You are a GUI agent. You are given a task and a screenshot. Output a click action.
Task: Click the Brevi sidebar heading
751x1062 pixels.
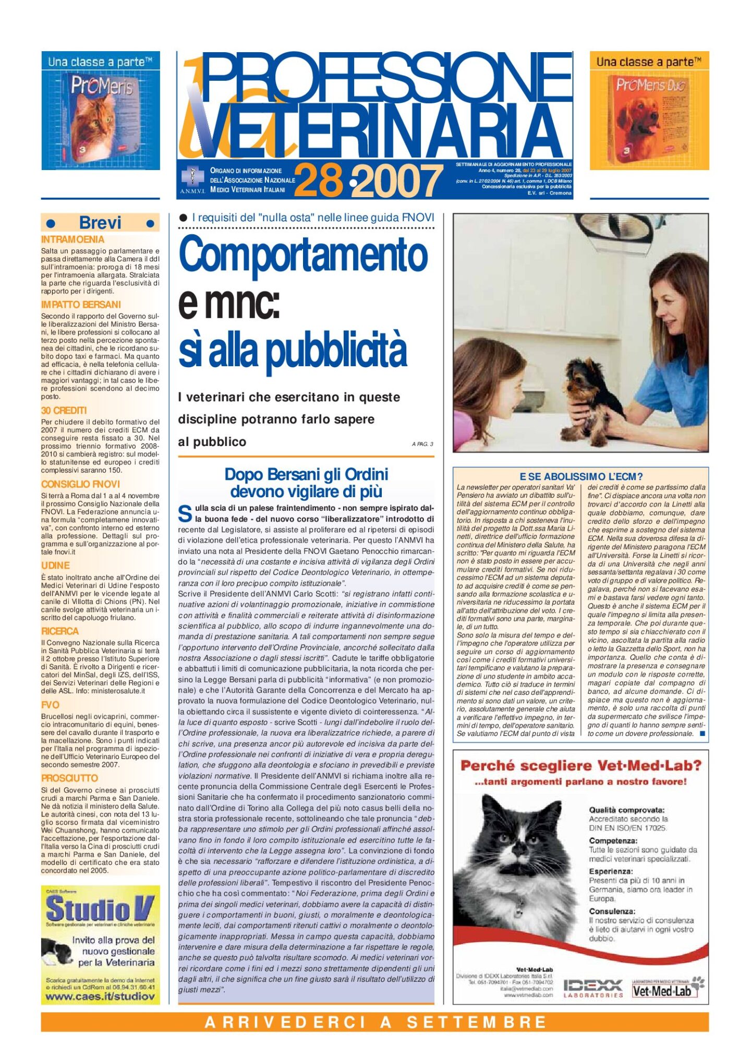[x=100, y=223]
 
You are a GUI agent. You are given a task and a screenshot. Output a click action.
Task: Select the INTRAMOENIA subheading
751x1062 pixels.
[x=72, y=239]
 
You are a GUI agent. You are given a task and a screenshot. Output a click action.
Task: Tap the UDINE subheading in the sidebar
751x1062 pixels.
[x=55, y=565]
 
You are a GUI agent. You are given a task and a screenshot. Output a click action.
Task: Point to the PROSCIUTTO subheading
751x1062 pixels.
[x=69, y=778]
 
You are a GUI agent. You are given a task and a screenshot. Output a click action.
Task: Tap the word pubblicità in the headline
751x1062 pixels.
[x=336, y=349]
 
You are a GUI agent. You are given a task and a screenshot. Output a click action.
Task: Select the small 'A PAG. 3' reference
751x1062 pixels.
[x=422, y=444]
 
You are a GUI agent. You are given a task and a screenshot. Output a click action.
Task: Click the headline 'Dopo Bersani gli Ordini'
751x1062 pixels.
[x=306, y=474]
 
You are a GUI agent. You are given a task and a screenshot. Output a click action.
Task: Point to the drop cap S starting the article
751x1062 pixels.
[x=185, y=514]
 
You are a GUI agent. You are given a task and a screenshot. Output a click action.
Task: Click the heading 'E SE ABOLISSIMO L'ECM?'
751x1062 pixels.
[x=580, y=476]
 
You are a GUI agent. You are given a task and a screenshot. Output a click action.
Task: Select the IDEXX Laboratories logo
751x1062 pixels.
[x=593, y=988]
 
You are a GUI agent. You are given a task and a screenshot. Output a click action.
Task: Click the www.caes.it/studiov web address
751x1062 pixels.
[x=100, y=996]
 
